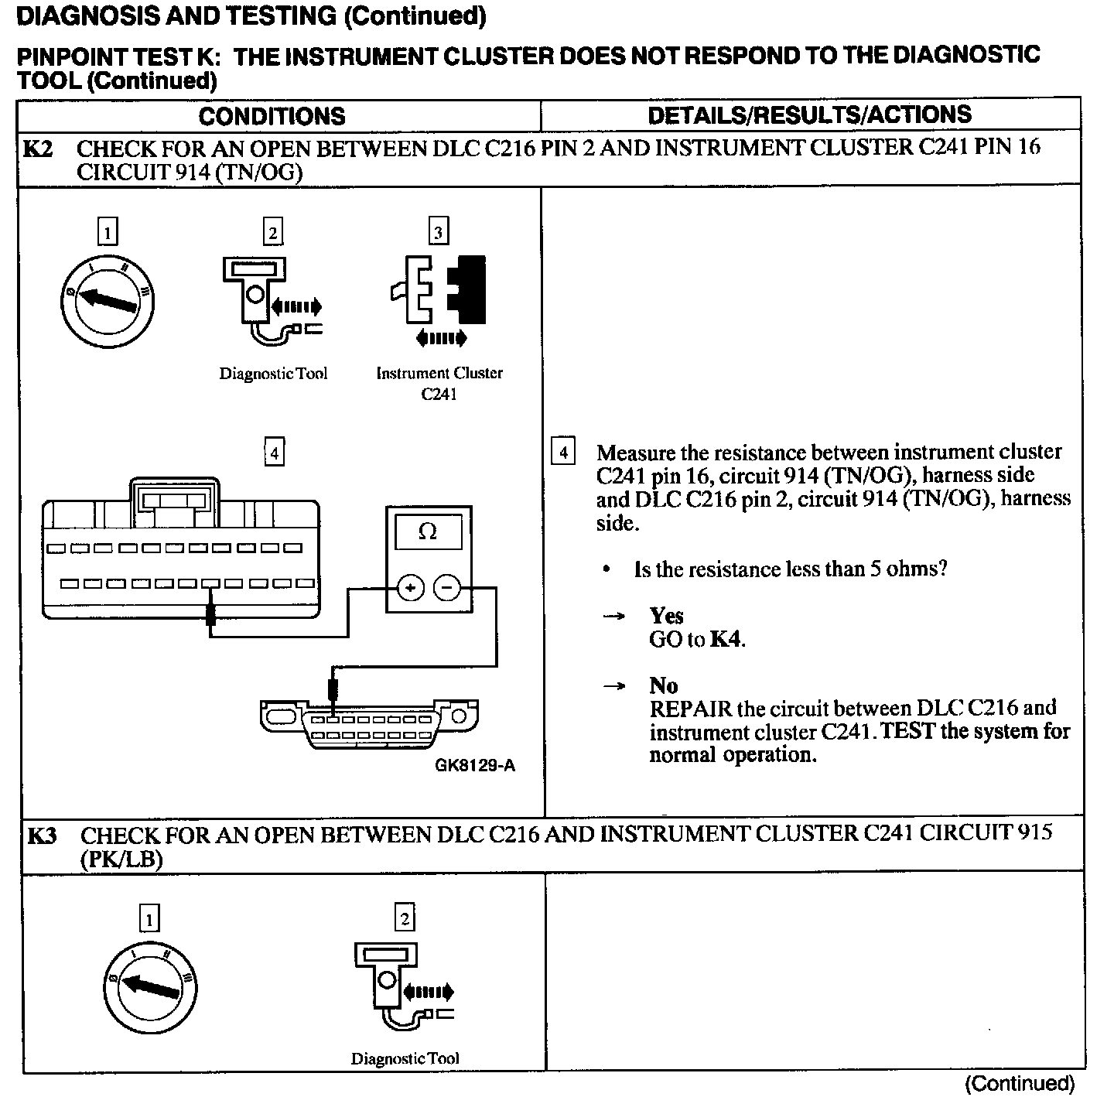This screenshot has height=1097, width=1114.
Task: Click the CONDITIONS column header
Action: (272, 116)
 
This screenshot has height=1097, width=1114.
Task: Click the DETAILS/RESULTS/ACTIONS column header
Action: (809, 114)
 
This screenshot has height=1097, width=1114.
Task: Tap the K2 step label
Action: (38, 148)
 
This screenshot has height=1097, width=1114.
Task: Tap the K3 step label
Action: (43, 836)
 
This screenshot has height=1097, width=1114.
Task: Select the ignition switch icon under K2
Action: (108, 300)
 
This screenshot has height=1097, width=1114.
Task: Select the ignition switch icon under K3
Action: (149, 987)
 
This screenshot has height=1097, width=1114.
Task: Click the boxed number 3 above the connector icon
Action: (439, 232)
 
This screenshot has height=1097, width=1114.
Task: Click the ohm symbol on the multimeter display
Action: (427, 531)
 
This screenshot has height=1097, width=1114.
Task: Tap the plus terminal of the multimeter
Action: (410, 590)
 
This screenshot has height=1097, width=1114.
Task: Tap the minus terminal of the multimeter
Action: (446, 590)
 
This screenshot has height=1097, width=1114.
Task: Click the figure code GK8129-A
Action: (474, 766)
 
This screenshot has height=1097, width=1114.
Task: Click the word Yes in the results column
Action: (666, 616)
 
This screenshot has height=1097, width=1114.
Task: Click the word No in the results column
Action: (664, 685)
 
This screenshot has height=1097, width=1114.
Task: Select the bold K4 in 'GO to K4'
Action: (727, 639)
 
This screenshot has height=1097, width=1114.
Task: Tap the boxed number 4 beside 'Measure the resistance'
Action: (562, 452)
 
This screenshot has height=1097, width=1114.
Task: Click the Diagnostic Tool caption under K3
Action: (405, 1058)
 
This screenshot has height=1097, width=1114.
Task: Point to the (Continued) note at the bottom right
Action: (1020, 1084)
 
